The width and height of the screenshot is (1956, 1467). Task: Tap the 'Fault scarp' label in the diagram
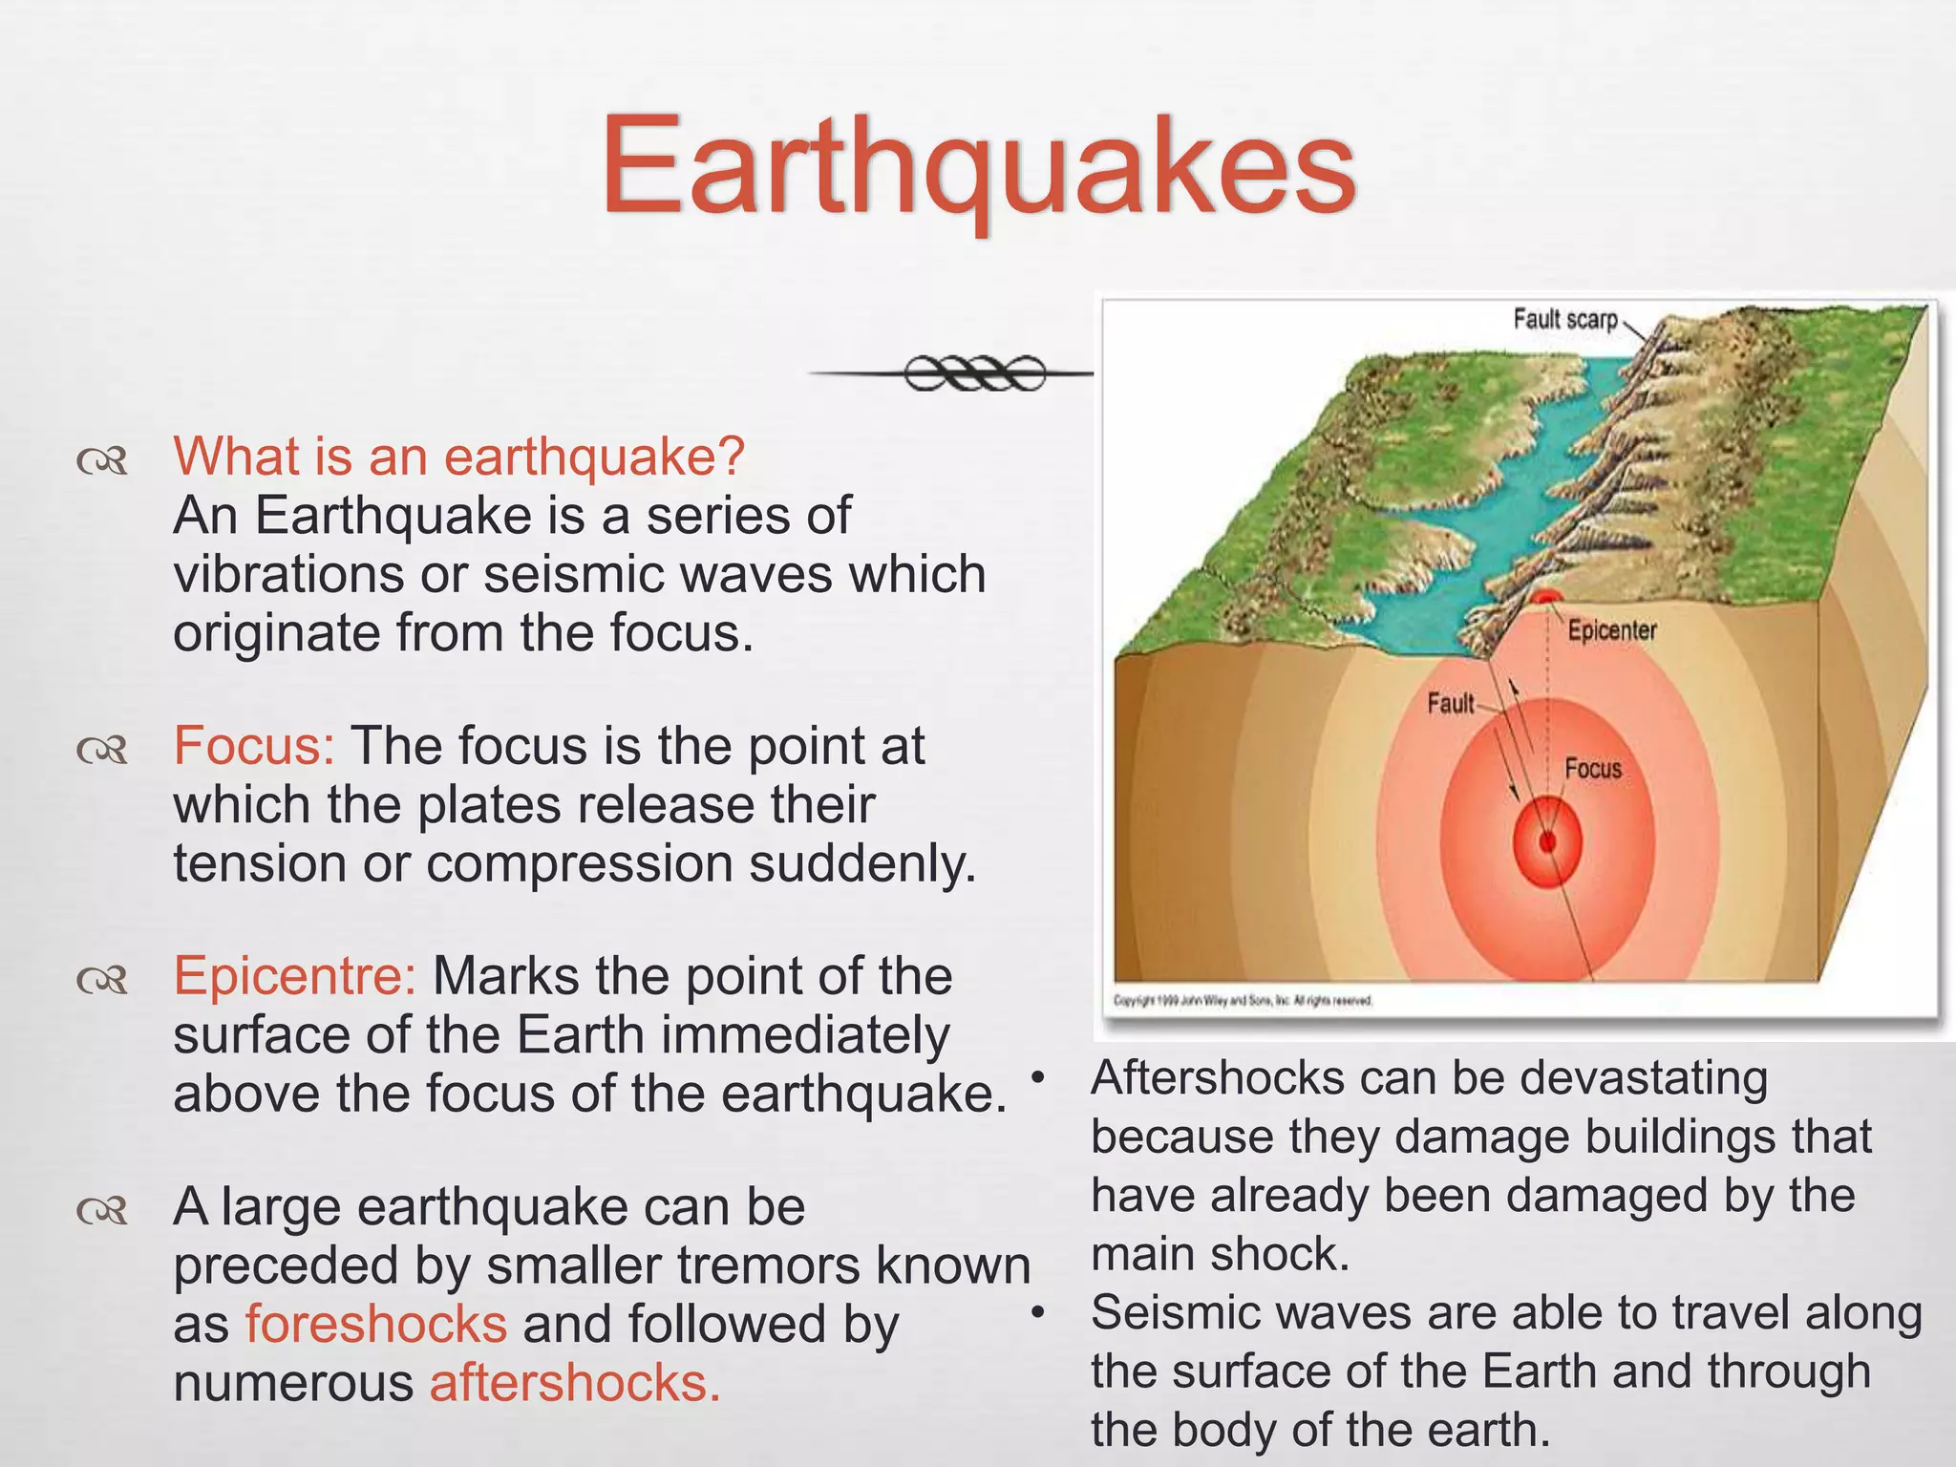(x=1564, y=319)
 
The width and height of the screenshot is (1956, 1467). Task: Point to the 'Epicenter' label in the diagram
(x=1611, y=630)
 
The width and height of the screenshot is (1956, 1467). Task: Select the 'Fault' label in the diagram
(x=1450, y=704)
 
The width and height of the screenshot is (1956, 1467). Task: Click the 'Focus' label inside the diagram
(x=1592, y=769)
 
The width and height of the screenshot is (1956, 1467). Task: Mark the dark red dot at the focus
(x=1547, y=841)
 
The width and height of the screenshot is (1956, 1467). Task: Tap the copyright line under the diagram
(x=1243, y=1001)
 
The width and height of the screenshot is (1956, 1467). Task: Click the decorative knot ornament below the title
(x=974, y=372)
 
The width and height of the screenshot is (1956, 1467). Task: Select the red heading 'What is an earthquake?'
(x=458, y=456)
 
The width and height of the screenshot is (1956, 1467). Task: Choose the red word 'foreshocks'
(x=376, y=1324)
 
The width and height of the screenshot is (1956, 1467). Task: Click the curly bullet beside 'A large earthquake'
(x=102, y=1211)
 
